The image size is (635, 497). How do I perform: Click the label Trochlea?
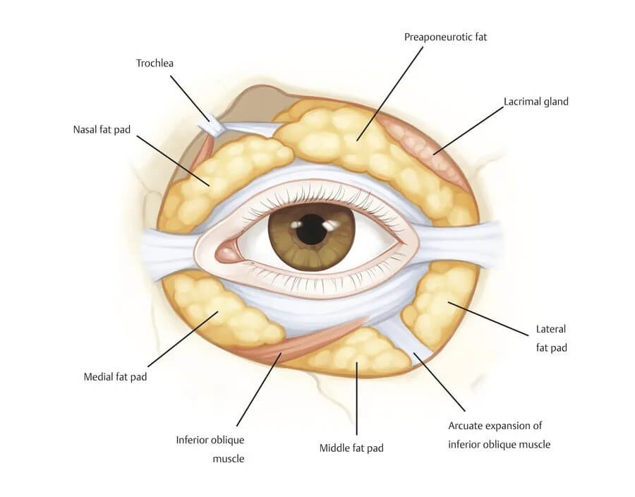tap(155, 64)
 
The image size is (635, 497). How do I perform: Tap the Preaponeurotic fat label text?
tap(445, 37)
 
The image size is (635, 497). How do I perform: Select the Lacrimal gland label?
tap(536, 102)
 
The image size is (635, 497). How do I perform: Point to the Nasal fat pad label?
tap(102, 130)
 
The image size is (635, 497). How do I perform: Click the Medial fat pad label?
tap(115, 376)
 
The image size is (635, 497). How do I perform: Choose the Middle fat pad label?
tap(351, 448)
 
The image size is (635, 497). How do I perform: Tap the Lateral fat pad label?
tap(551, 338)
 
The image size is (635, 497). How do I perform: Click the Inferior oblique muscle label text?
tap(210, 449)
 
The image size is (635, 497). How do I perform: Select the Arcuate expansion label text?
tap(499, 435)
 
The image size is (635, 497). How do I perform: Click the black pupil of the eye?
tap(311, 230)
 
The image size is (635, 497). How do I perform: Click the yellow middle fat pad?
tap(356, 351)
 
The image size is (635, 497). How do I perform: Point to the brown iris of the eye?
tap(286, 240)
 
